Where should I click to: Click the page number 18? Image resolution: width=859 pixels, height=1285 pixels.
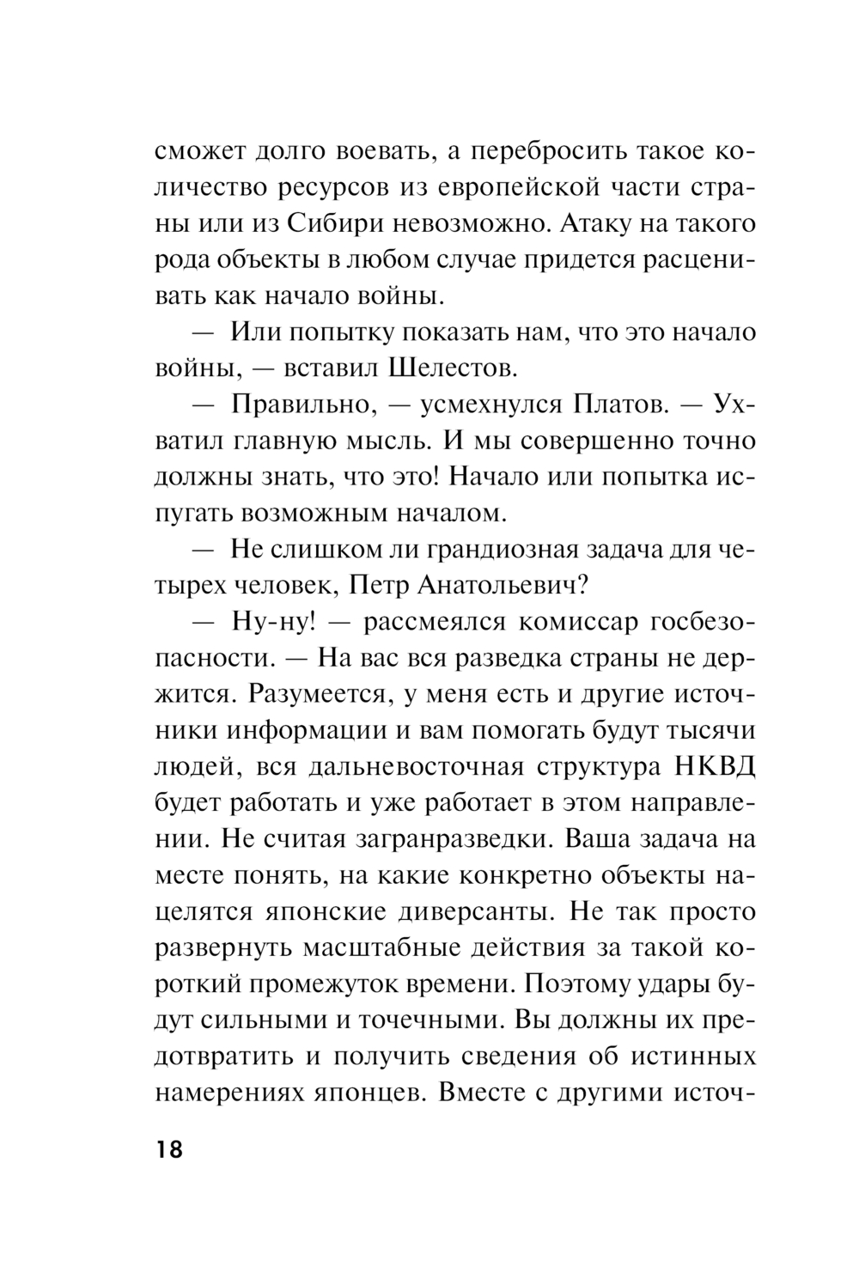[169, 1149]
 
